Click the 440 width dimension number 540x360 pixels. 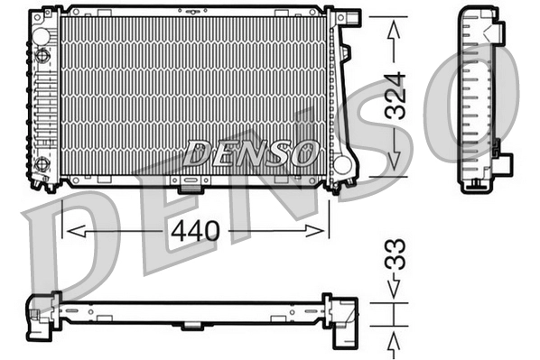(195, 231)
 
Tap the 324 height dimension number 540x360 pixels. (395, 95)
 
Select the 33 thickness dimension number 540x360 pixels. (395, 255)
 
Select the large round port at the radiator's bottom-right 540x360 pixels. (341, 165)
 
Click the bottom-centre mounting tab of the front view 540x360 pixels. (191, 187)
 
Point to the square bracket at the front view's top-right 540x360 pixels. (349, 18)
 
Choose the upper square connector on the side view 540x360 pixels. (496, 34)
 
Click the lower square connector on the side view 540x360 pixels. (502, 163)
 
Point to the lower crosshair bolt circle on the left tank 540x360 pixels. (42, 163)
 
